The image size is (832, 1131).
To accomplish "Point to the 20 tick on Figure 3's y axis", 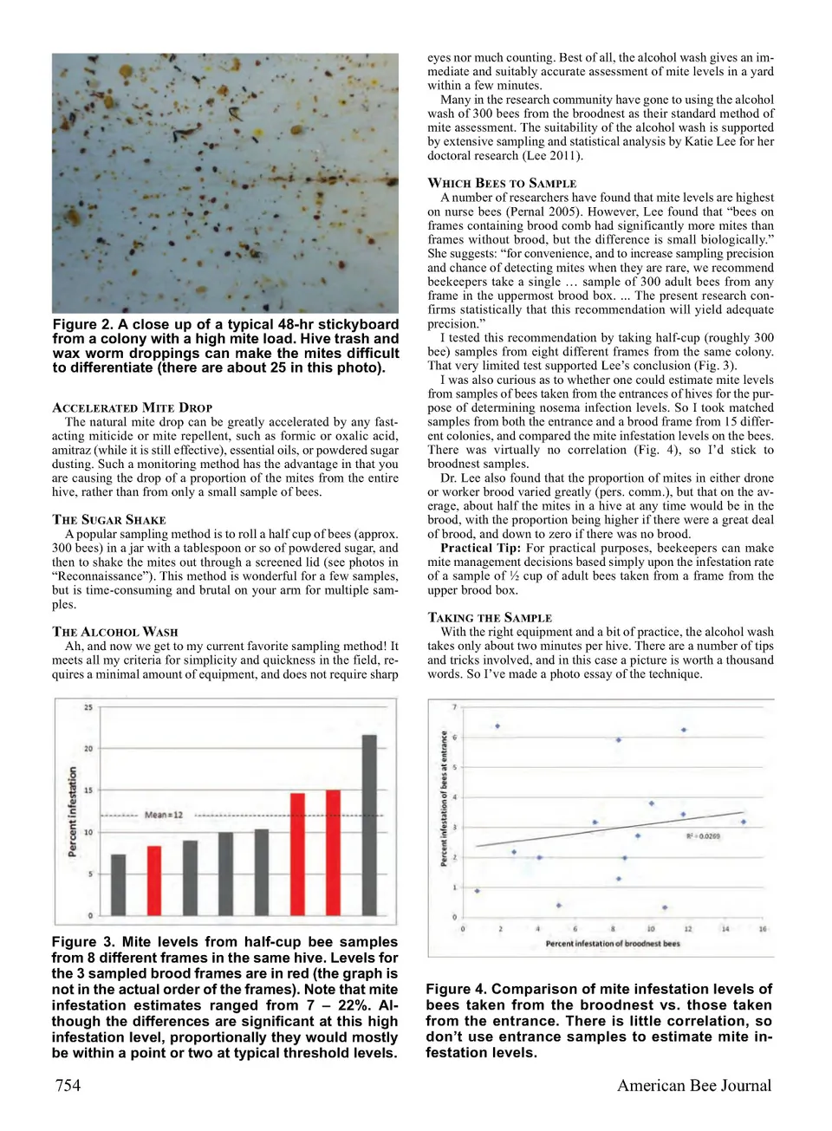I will [88, 749].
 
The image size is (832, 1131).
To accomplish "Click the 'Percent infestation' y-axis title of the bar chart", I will [73, 811].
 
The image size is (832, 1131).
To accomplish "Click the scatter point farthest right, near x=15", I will [744, 822].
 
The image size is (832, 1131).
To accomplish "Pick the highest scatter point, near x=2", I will [497, 726].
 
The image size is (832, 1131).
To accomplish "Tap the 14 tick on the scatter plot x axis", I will [725, 929].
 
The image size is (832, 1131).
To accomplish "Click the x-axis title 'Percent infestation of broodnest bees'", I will [613, 943].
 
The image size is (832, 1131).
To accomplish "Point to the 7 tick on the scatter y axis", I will [455, 708].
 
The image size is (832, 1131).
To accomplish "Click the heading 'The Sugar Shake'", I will [109, 520].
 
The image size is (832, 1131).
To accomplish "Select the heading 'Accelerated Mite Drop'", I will [133, 407].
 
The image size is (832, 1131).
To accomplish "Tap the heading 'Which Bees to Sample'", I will [502, 183].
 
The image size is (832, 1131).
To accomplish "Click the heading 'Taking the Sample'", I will [490, 618].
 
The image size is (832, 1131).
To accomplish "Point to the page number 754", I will [68, 1085].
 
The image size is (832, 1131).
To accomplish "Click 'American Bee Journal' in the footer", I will [693, 1085].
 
